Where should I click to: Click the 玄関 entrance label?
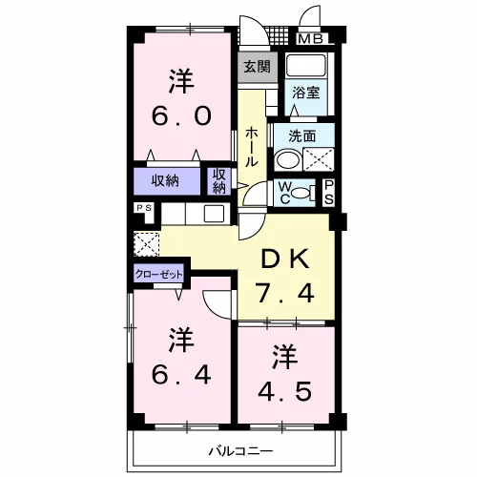pos(258,67)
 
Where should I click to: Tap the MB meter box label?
pos(311,39)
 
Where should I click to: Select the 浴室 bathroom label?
pos(305,93)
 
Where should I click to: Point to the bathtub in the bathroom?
pos(306,66)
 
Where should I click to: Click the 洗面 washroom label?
pos(302,136)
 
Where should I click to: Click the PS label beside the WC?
pos(328,193)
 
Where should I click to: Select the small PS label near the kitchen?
pos(144,208)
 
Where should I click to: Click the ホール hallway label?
pos(252,147)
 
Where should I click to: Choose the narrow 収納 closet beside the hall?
pos(219,181)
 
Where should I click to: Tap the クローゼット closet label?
pos(158,274)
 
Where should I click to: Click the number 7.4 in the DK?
pos(286,294)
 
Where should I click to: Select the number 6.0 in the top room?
pos(181,115)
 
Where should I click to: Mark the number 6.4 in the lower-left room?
pos(181,374)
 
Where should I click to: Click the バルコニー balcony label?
pos(240,451)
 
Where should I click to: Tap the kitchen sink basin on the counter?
pos(214,214)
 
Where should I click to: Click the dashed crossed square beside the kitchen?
pos(147,244)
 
